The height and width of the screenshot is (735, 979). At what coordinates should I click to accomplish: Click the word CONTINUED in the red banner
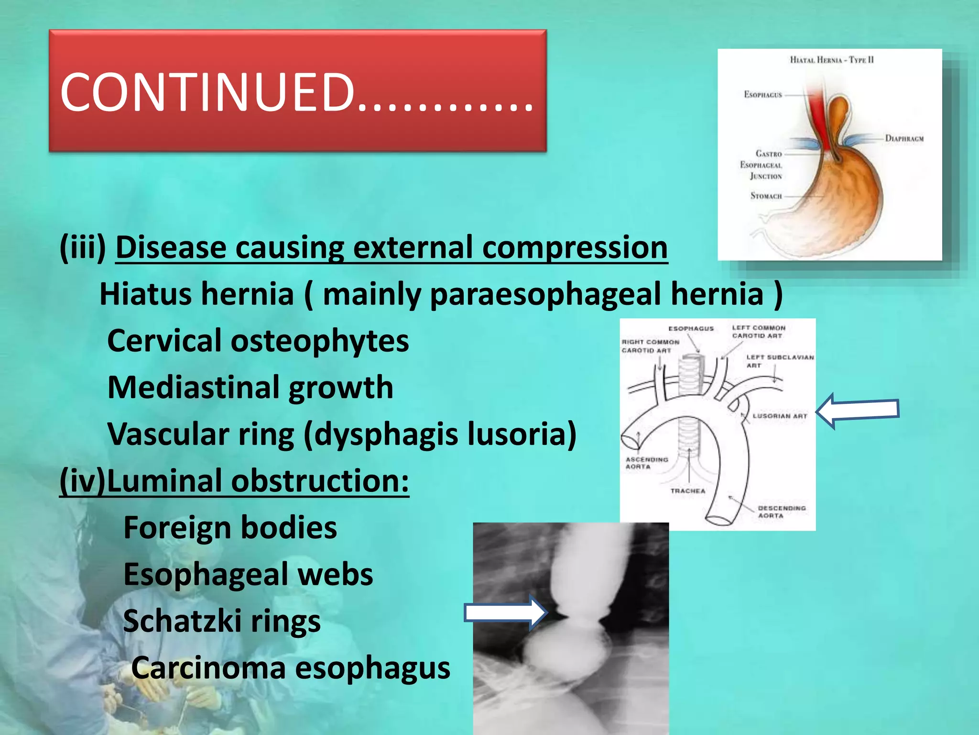208,92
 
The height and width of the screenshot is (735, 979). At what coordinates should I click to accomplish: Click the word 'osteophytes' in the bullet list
320,341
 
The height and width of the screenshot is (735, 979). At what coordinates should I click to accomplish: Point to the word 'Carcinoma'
208,668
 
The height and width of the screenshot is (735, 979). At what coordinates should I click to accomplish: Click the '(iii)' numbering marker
83,248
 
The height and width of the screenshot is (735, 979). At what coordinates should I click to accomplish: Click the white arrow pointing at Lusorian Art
858,411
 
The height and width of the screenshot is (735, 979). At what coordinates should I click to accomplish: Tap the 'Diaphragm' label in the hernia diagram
904,139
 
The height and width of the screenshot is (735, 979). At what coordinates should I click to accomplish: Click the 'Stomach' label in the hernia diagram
766,196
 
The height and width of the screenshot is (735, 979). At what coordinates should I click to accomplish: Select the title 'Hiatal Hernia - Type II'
831,60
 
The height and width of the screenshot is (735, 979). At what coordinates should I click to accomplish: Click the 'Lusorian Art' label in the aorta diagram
780,416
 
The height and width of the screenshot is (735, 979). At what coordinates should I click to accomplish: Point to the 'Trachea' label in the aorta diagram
687,491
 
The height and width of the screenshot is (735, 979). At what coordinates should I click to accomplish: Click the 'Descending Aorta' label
781,512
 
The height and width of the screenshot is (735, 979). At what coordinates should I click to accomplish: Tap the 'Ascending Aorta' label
646,463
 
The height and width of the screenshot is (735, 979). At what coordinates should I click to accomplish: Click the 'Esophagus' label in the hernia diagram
762,95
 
